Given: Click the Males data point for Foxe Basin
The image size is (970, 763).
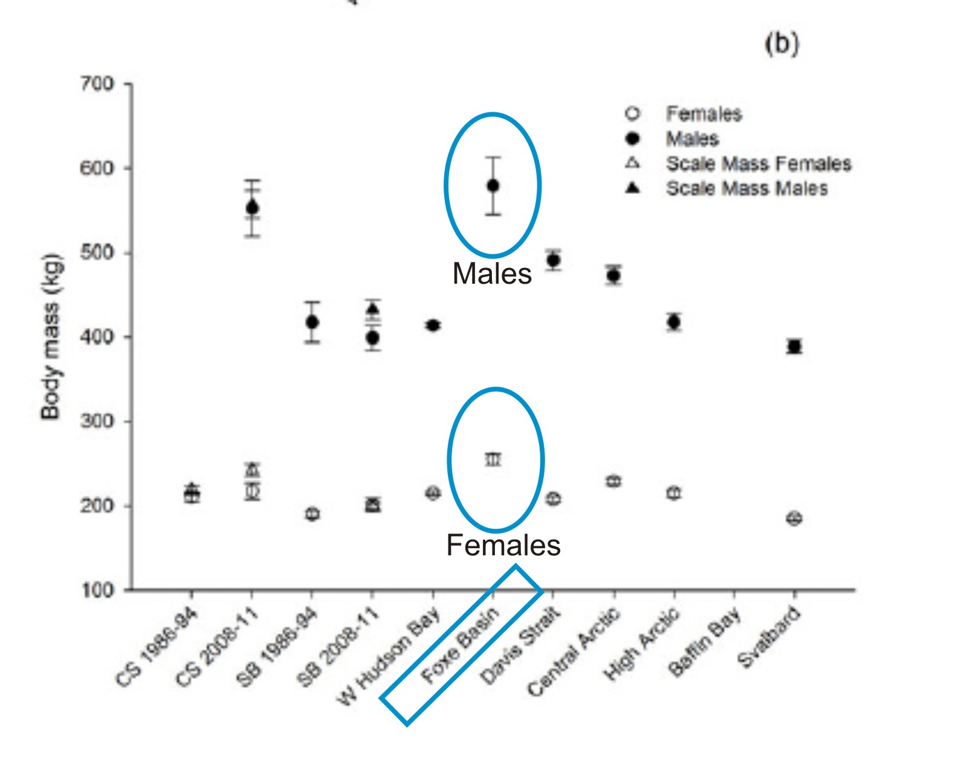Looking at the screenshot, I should (x=493, y=185).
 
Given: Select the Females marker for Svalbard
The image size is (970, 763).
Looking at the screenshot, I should (x=794, y=518).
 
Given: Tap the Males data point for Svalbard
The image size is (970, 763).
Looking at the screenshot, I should (x=794, y=346).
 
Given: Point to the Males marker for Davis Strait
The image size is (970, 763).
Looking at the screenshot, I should (x=553, y=260).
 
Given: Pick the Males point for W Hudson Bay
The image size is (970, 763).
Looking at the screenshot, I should (x=433, y=325).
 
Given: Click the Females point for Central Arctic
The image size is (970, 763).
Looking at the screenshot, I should (x=613, y=481).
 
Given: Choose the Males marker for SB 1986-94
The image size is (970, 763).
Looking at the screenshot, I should (x=312, y=322).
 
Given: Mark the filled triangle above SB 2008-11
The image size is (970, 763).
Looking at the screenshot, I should (x=372, y=309).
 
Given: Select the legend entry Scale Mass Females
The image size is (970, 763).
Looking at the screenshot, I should (x=758, y=164).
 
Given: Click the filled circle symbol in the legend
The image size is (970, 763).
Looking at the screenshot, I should (x=633, y=139).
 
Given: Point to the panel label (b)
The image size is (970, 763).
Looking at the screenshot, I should (x=782, y=43).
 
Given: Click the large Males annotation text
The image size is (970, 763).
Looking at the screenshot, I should (x=492, y=273).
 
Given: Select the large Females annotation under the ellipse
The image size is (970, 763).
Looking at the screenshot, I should (x=503, y=545).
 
